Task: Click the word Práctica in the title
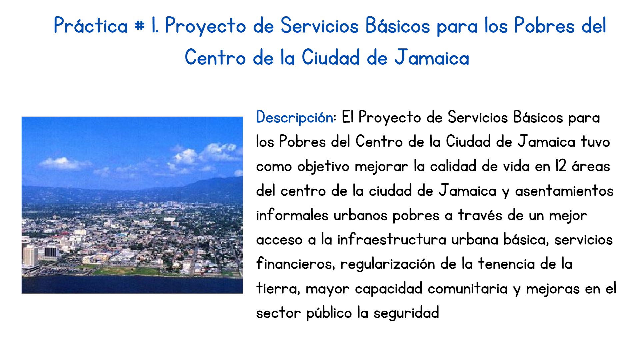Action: [91, 26]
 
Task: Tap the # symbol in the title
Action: [139, 26]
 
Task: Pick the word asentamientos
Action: [564, 191]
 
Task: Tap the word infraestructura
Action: [391, 239]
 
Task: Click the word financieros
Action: [295, 264]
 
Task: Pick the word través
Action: [480, 215]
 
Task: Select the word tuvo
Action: [595, 142]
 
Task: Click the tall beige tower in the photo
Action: [30, 255]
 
